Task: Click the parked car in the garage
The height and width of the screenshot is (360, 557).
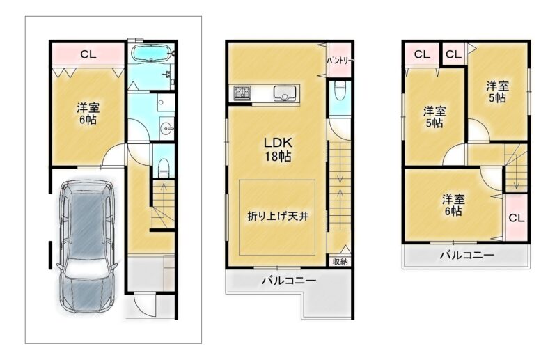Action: click(86, 246)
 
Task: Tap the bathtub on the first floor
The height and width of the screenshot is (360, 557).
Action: click(152, 54)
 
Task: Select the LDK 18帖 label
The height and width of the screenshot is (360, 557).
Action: click(278, 150)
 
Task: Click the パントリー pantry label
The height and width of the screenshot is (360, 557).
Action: click(340, 61)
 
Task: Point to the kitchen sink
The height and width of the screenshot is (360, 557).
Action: click(285, 93)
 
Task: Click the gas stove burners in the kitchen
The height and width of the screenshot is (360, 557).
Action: click(242, 93)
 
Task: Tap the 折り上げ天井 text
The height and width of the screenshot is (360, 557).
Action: click(278, 216)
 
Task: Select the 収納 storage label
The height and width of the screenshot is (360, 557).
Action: click(340, 262)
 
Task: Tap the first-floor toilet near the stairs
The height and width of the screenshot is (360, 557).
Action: click(164, 168)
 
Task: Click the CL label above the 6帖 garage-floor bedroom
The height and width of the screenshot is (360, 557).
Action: click(88, 54)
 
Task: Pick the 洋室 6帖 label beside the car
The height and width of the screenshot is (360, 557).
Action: click(88, 114)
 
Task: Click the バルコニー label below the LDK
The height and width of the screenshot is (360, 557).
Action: click(289, 281)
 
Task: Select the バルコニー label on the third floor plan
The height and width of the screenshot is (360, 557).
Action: click(466, 255)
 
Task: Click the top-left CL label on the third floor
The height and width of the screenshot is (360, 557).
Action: click(422, 54)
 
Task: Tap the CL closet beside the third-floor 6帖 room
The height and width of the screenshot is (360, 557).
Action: click(516, 218)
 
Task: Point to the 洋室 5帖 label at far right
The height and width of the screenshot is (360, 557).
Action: click(497, 92)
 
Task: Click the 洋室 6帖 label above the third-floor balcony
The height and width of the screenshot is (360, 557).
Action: click(453, 205)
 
